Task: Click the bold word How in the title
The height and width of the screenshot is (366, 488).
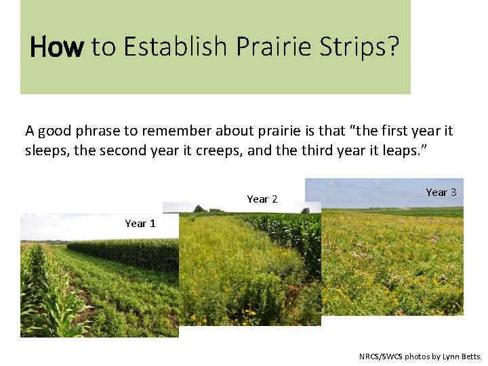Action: pos(57,47)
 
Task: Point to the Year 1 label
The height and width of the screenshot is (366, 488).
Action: pos(140,224)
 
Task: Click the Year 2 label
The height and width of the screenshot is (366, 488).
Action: pos(262,199)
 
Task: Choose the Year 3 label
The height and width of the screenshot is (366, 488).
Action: pos(441,192)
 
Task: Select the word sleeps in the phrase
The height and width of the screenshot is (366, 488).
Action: pos(46,150)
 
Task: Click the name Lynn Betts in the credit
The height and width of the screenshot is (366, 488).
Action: pos(461,357)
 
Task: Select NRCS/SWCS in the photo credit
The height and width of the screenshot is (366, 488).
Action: pos(380,357)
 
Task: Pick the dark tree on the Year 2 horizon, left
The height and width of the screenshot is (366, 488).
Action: pos(199,208)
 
